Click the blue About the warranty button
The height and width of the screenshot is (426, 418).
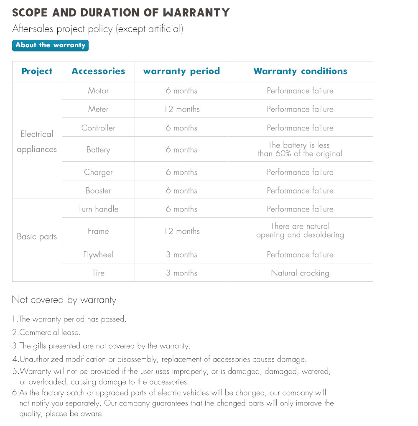coord(50,45)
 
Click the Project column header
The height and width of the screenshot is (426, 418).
coord(37,71)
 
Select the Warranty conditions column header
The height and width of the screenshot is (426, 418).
coord(300,71)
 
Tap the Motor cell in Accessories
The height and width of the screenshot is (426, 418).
coord(98,91)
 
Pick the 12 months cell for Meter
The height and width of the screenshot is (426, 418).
coord(182,109)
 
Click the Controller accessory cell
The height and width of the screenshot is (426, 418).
coord(98,128)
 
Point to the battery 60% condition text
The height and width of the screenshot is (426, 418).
coord(300,149)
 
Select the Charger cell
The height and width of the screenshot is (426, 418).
coord(98,172)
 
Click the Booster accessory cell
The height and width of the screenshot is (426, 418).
coord(98,191)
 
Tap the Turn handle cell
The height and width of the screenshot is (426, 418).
coord(98,209)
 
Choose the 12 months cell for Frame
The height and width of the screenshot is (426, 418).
coord(182,231)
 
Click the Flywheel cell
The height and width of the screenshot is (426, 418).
coord(98,255)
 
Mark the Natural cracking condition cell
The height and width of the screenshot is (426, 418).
coord(300,273)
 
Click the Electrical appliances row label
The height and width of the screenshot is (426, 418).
coord(37,142)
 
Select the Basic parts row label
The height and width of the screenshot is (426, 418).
coord(37,237)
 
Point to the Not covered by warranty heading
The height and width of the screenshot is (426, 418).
coord(64,300)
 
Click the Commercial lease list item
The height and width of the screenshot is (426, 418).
coord(46,333)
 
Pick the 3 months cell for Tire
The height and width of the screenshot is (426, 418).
coord(182,273)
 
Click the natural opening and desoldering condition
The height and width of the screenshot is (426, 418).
coord(300,230)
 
